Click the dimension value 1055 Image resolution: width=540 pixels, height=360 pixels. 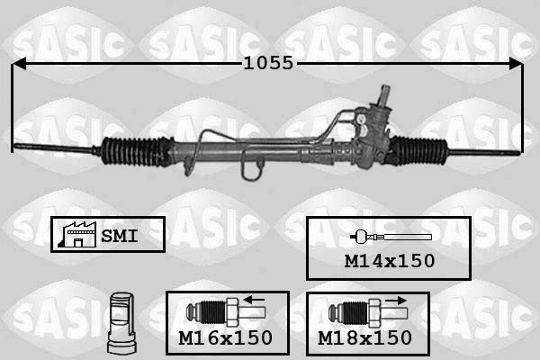(268, 63)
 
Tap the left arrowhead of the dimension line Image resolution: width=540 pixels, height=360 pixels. (19, 64)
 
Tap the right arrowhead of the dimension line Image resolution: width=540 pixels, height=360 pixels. (516, 64)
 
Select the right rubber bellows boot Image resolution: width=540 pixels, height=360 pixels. (418, 150)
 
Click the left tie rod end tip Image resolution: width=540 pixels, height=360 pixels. (16, 146)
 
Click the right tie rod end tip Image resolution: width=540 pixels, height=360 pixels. (517, 153)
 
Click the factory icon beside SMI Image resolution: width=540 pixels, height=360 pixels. (77, 235)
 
